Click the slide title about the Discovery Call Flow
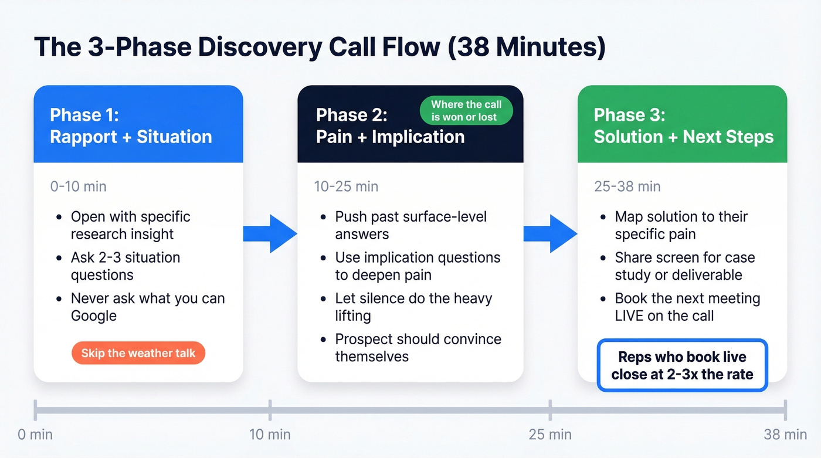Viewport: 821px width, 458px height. click(x=320, y=48)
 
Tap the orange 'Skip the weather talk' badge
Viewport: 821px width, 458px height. click(x=138, y=353)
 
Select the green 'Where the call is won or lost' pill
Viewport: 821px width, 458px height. click(x=466, y=111)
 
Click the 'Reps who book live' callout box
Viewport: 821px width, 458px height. click(x=682, y=365)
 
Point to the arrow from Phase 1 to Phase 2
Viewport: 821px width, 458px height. click(x=270, y=233)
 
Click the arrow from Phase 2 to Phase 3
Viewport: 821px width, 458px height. click(x=550, y=233)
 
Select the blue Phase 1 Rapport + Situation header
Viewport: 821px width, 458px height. click(x=138, y=125)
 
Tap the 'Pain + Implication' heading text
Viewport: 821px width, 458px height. click(x=390, y=137)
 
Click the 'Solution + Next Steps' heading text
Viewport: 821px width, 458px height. click(x=683, y=137)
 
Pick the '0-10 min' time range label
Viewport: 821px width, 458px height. click(x=79, y=186)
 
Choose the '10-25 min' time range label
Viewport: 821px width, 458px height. click(x=346, y=186)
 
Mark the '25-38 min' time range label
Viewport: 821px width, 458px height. click(x=628, y=186)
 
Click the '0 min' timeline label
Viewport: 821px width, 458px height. click(x=35, y=435)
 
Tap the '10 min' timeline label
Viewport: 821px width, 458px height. click(x=270, y=435)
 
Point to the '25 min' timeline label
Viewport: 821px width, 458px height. click(x=550, y=435)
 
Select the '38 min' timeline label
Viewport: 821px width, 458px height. click(x=785, y=435)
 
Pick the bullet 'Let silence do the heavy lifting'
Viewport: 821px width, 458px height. click(x=413, y=307)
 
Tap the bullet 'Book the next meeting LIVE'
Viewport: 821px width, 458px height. click(x=687, y=307)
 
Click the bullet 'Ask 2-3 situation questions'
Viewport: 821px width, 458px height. click(x=125, y=266)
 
